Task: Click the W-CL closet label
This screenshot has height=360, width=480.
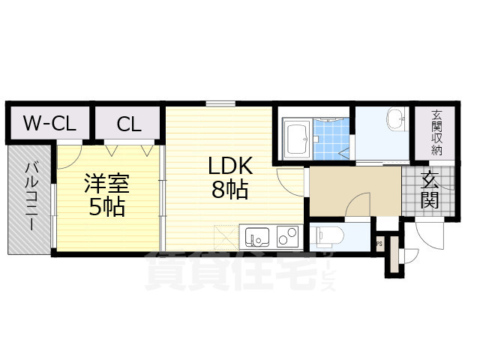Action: pos(49,124)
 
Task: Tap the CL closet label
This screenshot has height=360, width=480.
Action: pos(128,124)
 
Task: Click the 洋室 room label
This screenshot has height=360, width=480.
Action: pos(106,183)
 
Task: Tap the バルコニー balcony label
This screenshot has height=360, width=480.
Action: pos(31,196)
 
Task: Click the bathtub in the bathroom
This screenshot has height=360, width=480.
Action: pos(296,138)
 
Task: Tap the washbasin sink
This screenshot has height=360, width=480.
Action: pos(395,119)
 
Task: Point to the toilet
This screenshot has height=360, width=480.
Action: pos(328,237)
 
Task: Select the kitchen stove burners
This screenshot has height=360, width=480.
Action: pos(286,237)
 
